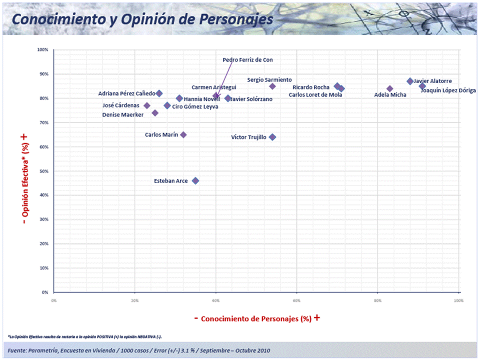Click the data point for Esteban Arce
pyautogui.click(x=195, y=181)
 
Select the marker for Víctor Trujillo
pyautogui.click(x=272, y=137)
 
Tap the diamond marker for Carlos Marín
pyautogui.click(x=183, y=134)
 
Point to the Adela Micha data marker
pyautogui.click(x=390, y=89)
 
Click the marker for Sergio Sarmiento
pyautogui.click(x=272, y=86)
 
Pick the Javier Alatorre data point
pyautogui.click(x=410, y=81)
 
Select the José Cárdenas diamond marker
pyautogui.click(x=147, y=105)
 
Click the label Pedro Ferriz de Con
pyautogui.click(x=247, y=60)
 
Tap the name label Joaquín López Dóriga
pyautogui.click(x=448, y=91)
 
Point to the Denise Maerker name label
pyautogui.click(x=122, y=114)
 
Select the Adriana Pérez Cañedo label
pyautogui.click(x=126, y=93)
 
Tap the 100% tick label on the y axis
pyautogui.click(x=42, y=50)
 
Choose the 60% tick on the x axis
pyautogui.click(x=296, y=300)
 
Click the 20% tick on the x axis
pyautogui.click(x=134, y=300)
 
